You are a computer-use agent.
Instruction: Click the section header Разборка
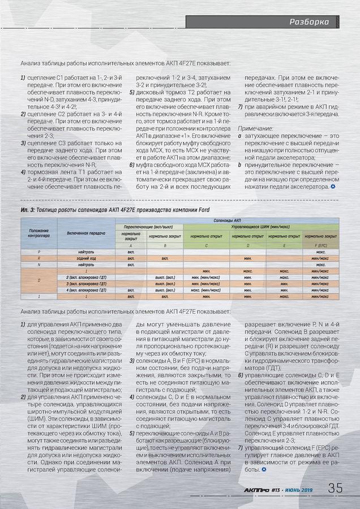[x=309, y=23]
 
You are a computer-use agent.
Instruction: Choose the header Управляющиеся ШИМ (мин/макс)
[x=261, y=226]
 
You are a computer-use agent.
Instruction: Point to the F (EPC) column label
[x=320, y=245]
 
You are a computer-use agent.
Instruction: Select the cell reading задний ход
[x=86, y=258]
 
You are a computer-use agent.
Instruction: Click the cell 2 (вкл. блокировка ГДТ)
[x=86, y=277]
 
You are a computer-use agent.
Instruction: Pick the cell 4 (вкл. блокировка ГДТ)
[x=86, y=290]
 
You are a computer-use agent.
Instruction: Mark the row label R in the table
[x=39, y=258]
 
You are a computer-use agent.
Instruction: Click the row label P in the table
[x=39, y=252]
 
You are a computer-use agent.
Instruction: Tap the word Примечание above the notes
[x=255, y=128]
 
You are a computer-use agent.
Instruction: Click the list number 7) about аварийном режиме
[x=241, y=106]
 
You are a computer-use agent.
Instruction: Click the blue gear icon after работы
[x=264, y=470]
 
